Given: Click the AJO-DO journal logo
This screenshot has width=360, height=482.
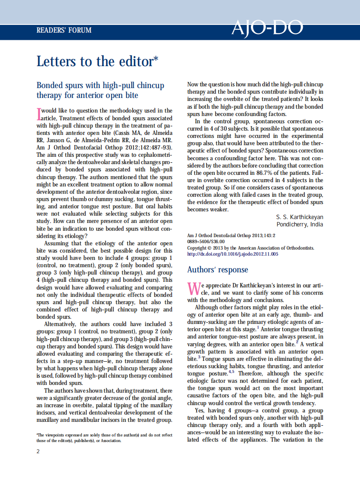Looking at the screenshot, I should tap(267, 28).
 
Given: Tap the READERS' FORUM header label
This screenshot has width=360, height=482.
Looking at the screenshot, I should tap(64, 31).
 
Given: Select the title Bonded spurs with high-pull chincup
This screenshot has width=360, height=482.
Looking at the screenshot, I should tap(100, 85).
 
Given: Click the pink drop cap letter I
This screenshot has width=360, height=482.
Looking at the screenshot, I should tap(39, 114).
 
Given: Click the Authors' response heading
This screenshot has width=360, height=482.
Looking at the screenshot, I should tap(217, 270).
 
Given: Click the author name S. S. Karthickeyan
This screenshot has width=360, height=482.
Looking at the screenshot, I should tap(299, 217).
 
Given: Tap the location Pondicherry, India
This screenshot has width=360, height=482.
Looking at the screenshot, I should tap(299, 225).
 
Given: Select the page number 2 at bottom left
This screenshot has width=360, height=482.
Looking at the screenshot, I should tap(38, 451).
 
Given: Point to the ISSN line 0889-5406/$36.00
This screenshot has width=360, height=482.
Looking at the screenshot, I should tap(206, 242).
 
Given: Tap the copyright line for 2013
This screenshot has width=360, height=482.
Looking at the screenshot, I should tap(250, 248).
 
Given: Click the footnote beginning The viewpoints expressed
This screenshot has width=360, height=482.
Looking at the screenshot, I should tap(104, 438).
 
